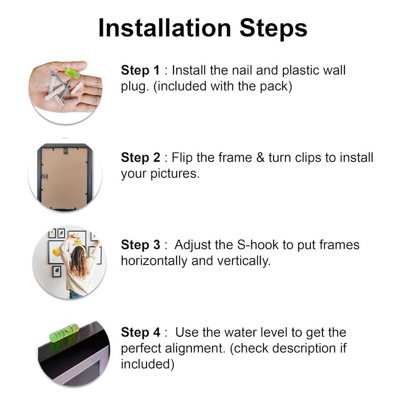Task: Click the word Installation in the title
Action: (165, 28)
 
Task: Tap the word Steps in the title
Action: (273, 29)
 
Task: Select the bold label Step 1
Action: (140, 70)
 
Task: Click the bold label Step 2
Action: (140, 158)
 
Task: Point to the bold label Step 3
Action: (140, 245)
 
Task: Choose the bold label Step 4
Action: (141, 332)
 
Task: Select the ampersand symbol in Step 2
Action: (260, 158)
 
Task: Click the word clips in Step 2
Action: (309, 158)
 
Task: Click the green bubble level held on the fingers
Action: (72, 73)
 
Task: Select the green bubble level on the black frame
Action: (64, 333)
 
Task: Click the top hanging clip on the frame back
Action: (66, 151)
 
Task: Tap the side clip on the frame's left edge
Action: (45, 177)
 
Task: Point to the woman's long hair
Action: (78, 261)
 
